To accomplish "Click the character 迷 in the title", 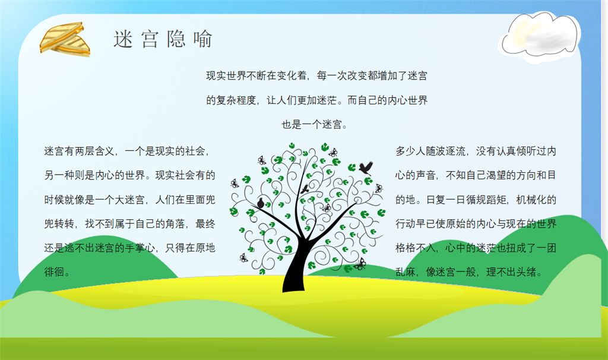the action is (x=123, y=40).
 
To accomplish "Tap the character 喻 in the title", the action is (x=203, y=40).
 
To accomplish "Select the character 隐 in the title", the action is (x=176, y=40).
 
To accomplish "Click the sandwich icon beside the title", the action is (x=65, y=39).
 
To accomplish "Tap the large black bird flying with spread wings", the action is (x=366, y=168).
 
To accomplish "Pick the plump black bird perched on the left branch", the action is (x=261, y=203).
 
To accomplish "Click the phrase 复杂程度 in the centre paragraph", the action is (x=236, y=100).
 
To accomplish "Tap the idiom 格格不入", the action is (x=415, y=248).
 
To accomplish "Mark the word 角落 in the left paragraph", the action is (x=175, y=224).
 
